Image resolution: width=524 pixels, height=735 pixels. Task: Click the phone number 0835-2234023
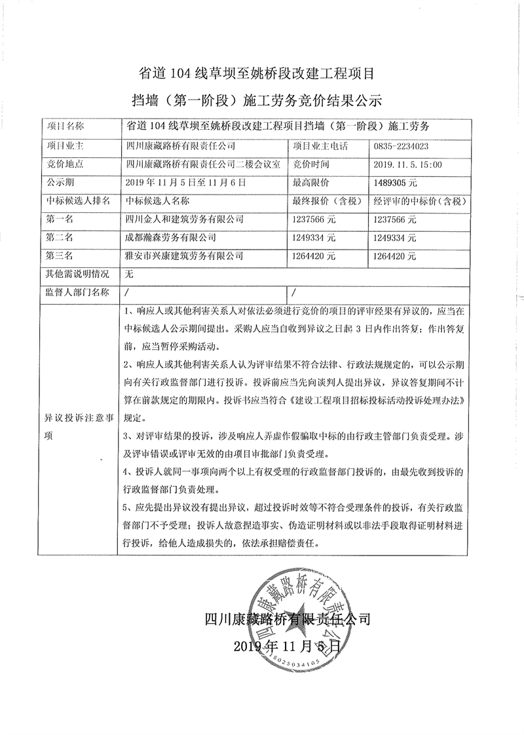[402, 145]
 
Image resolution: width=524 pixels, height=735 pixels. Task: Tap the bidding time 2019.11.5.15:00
[408, 164]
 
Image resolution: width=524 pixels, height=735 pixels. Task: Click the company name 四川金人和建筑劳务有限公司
[184, 219]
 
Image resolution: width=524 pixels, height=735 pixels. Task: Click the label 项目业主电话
[320, 145]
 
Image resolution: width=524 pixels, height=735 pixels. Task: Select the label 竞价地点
[63, 164]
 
